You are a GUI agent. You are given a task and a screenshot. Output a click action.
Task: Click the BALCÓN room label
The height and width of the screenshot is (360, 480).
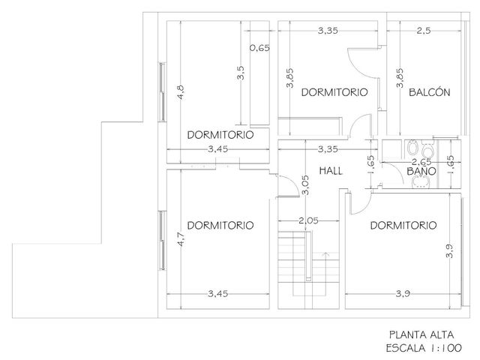[430, 92]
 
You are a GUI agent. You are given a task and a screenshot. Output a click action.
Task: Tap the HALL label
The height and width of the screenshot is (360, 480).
[331, 170]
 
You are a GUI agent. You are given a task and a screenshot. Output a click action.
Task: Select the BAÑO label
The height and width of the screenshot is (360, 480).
[421, 171]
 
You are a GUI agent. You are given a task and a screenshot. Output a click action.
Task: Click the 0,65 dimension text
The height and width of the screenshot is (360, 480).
[259, 48]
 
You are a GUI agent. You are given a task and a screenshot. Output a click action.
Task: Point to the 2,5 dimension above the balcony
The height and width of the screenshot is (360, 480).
[424, 31]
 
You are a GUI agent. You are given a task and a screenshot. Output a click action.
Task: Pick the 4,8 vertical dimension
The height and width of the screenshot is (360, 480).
[181, 91]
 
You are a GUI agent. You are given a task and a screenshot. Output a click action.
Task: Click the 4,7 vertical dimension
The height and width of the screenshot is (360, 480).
[181, 239]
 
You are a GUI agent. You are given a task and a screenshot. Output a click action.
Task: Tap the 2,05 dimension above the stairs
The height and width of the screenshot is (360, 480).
[308, 220]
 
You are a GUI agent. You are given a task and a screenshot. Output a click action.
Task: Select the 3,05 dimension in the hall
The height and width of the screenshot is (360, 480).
[305, 185]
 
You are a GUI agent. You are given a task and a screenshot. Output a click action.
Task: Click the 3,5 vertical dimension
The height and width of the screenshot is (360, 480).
[241, 73]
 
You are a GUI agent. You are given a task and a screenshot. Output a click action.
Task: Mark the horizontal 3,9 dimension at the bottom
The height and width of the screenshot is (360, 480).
[403, 294]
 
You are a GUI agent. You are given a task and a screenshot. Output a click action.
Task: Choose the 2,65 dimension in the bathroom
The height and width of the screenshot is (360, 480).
[421, 162]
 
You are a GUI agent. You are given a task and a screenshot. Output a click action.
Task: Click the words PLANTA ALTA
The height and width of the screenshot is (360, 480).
[421, 335]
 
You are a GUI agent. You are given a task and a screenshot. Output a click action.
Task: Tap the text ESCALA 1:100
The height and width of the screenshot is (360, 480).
[424, 348]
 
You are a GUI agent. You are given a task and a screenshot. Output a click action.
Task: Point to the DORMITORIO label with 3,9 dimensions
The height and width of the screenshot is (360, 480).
[403, 226]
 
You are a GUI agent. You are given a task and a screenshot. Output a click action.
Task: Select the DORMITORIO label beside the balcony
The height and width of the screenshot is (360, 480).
[334, 92]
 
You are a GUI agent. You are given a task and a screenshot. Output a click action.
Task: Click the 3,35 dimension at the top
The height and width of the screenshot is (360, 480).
[328, 31]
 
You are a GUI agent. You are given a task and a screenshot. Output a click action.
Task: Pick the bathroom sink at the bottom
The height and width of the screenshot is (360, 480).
[421, 182]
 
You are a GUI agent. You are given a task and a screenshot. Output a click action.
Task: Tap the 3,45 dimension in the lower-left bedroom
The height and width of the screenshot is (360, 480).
[218, 294]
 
